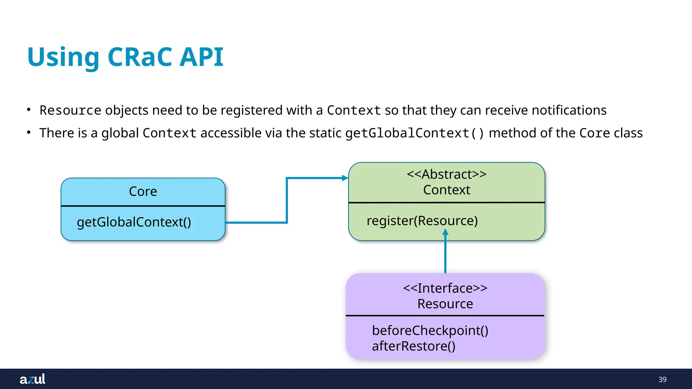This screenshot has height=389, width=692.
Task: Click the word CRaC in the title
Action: (143, 57)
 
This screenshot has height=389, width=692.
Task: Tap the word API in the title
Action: (201, 57)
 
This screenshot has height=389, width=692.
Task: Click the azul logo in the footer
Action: (32, 379)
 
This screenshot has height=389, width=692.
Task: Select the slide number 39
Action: (662, 380)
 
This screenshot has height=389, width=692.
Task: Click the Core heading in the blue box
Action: (143, 191)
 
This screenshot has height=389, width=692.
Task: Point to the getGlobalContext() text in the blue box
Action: (134, 222)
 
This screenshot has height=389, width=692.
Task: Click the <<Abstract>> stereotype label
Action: (446, 174)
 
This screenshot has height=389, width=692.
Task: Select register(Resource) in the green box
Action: (422, 221)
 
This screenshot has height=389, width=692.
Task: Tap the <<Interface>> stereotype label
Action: (445, 288)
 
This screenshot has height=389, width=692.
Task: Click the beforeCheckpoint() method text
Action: (430, 330)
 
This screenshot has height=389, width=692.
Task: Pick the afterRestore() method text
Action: (414, 346)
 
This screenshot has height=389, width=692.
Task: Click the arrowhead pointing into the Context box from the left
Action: (345, 178)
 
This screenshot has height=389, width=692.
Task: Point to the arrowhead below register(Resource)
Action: (445, 232)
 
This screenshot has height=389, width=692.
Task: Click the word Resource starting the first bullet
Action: (70, 110)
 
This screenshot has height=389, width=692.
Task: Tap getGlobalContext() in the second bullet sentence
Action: (415, 133)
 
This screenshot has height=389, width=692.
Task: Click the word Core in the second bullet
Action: (594, 133)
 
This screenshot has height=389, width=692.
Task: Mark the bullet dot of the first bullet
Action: (29, 109)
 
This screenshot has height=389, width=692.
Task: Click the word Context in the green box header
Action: (446, 190)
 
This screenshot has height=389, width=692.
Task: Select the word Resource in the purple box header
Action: (445, 304)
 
